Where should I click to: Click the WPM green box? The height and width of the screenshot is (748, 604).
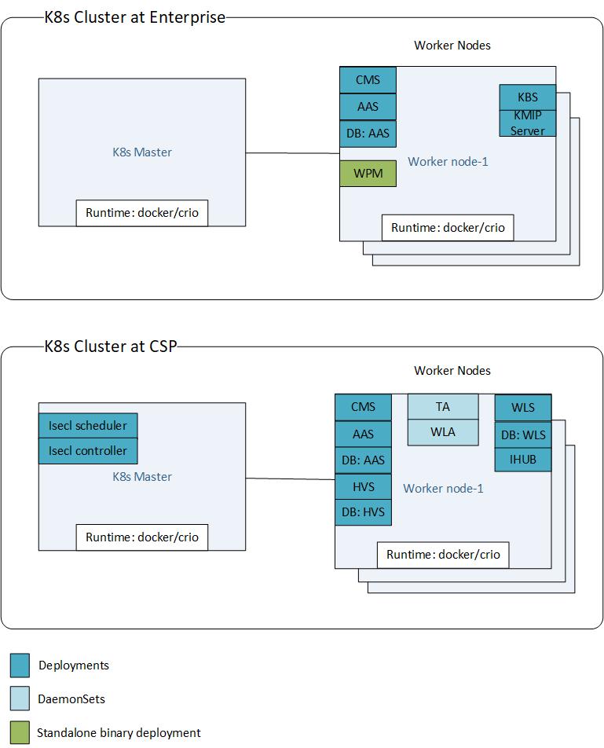coord(368,173)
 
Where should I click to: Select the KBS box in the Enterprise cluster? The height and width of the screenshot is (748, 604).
coord(528,97)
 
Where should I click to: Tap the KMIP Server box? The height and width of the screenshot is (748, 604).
coord(528,123)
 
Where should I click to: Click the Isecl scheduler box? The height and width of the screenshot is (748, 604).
coord(88,426)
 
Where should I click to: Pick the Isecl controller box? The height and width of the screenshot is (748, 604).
coord(88,451)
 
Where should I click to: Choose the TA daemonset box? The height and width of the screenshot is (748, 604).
coord(443,406)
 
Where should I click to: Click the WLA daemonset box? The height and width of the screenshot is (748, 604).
coord(443,431)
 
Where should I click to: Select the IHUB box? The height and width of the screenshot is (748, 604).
coord(522,460)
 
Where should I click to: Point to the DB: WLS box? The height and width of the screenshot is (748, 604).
coord(522,434)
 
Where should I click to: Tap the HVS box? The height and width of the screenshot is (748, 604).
coord(363,486)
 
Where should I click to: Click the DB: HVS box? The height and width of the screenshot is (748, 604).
coord(363,512)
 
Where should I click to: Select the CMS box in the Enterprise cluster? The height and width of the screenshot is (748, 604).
coord(368,80)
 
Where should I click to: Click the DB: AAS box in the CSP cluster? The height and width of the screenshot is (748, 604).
coord(363,460)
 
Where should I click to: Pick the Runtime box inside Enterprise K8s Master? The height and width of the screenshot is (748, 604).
coord(142,213)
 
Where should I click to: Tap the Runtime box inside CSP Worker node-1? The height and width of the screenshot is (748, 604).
coord(443,554)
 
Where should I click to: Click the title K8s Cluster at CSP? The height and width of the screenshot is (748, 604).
coord(110,346)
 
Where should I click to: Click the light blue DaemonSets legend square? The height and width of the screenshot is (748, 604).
coord(20,698)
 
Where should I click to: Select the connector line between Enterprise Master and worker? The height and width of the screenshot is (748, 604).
coord(292,152)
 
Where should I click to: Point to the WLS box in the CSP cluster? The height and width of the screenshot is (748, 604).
coord(522,408)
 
